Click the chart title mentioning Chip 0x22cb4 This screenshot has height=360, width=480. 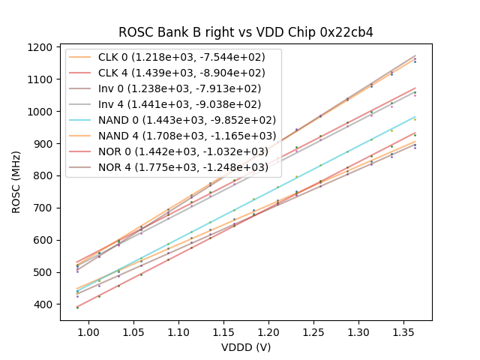click(246, 32)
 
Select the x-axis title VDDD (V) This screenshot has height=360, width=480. click(246, 347)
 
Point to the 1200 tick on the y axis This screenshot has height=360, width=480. click(42, 47)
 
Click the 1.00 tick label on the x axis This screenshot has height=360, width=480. click(89, 331)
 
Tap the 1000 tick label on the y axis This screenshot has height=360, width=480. click(42, 112)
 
